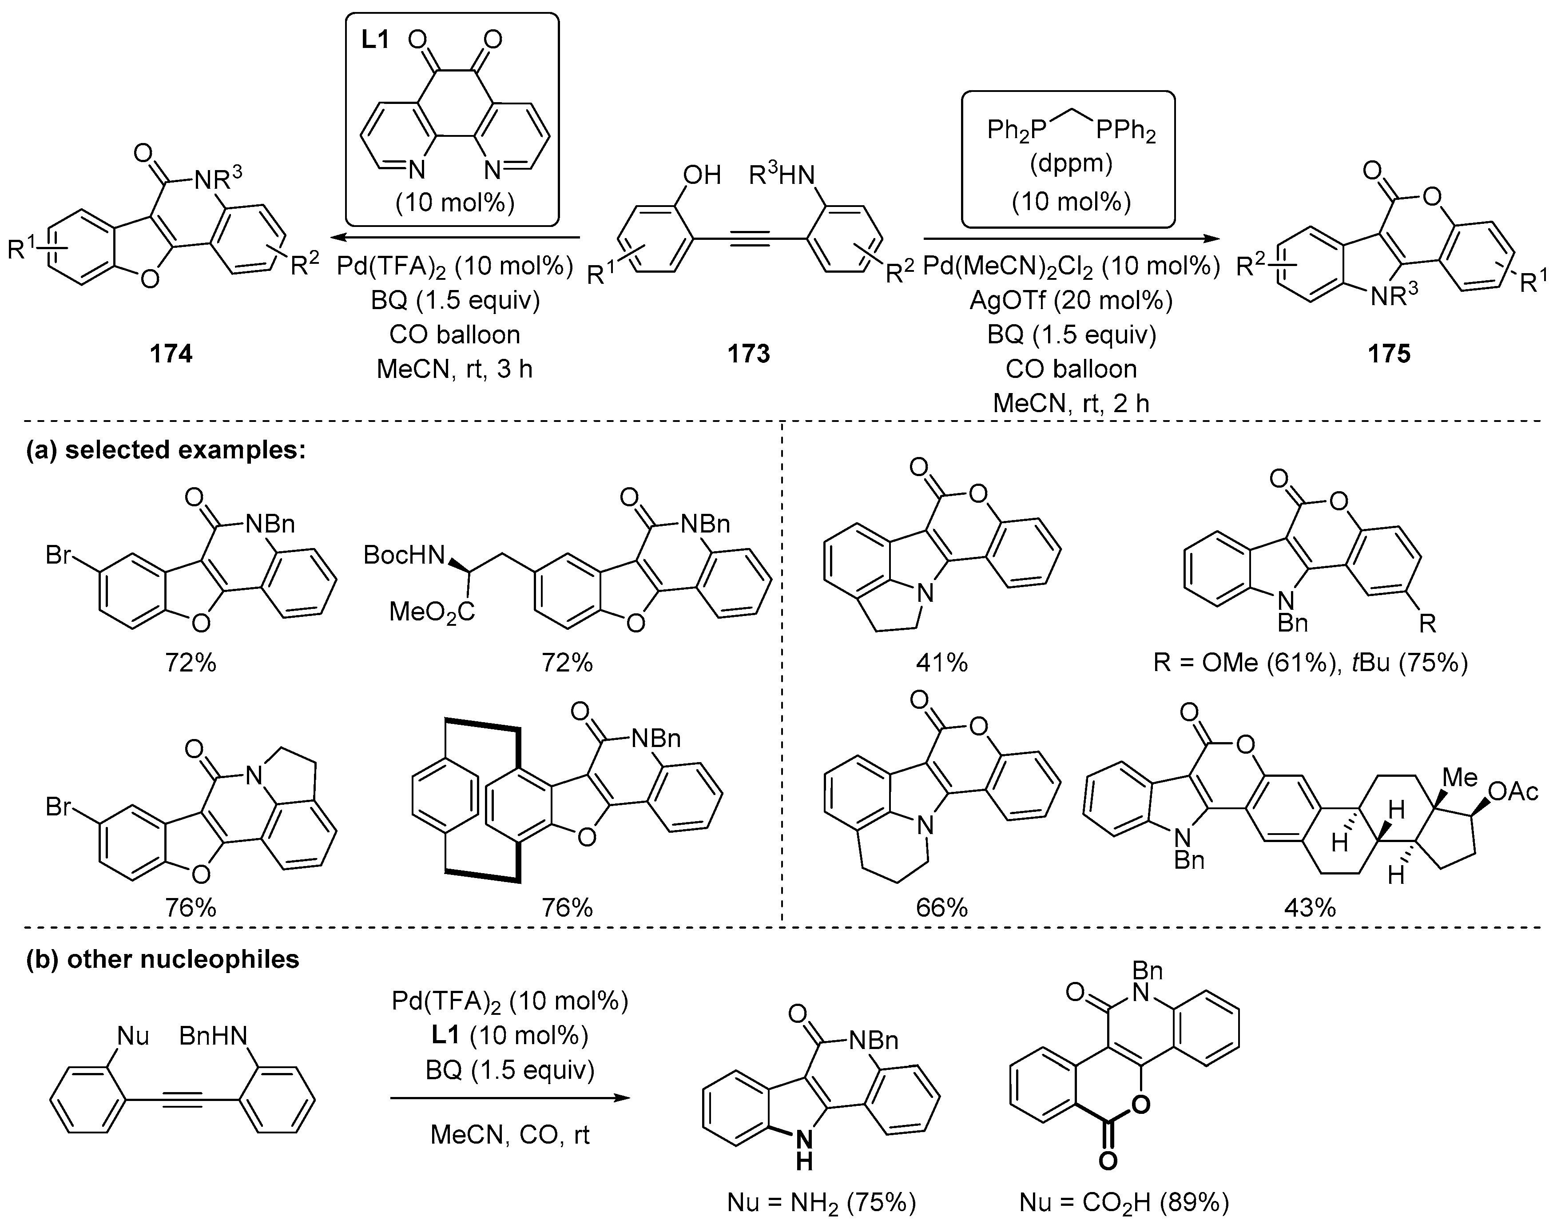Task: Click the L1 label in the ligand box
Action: [375, 40]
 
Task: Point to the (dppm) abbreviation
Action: [1071, 164]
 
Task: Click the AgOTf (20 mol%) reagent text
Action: [1071, 300]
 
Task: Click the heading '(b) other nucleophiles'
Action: [163, 959]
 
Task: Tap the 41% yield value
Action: [942, 662]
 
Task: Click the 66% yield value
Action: [942, 908]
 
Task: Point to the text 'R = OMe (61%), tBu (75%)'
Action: [1310, 662]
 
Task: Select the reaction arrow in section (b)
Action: [510, 1098]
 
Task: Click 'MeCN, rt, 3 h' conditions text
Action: [454, 369]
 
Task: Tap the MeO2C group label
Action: [431, 612]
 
